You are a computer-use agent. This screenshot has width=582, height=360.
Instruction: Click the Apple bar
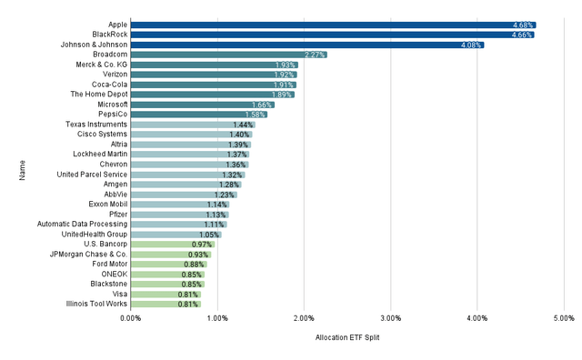click(x=333, y=25)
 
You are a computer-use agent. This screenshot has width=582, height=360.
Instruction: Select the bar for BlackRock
click(x=332, y=35)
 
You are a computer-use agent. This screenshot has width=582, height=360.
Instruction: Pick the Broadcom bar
click(x=228, y=55)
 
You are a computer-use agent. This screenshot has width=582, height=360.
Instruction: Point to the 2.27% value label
click(x=315, y=55)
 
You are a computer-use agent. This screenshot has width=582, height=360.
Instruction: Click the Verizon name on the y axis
click(x=114, y=75)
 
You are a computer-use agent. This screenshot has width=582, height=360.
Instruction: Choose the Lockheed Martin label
click(x=102, y=155)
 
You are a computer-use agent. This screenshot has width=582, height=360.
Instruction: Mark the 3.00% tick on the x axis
click(x=390, y=318)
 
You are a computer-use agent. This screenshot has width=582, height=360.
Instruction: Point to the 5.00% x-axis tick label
click(x=563, y=318)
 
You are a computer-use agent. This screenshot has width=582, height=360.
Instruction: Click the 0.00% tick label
click(x=130, y=318)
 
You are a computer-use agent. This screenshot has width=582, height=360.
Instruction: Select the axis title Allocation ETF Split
click(x=347, y=338)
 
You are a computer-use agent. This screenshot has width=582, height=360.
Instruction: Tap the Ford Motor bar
click(x=168, y=264)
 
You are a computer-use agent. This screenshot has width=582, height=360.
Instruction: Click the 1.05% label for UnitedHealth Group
click(x=210, y=235)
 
